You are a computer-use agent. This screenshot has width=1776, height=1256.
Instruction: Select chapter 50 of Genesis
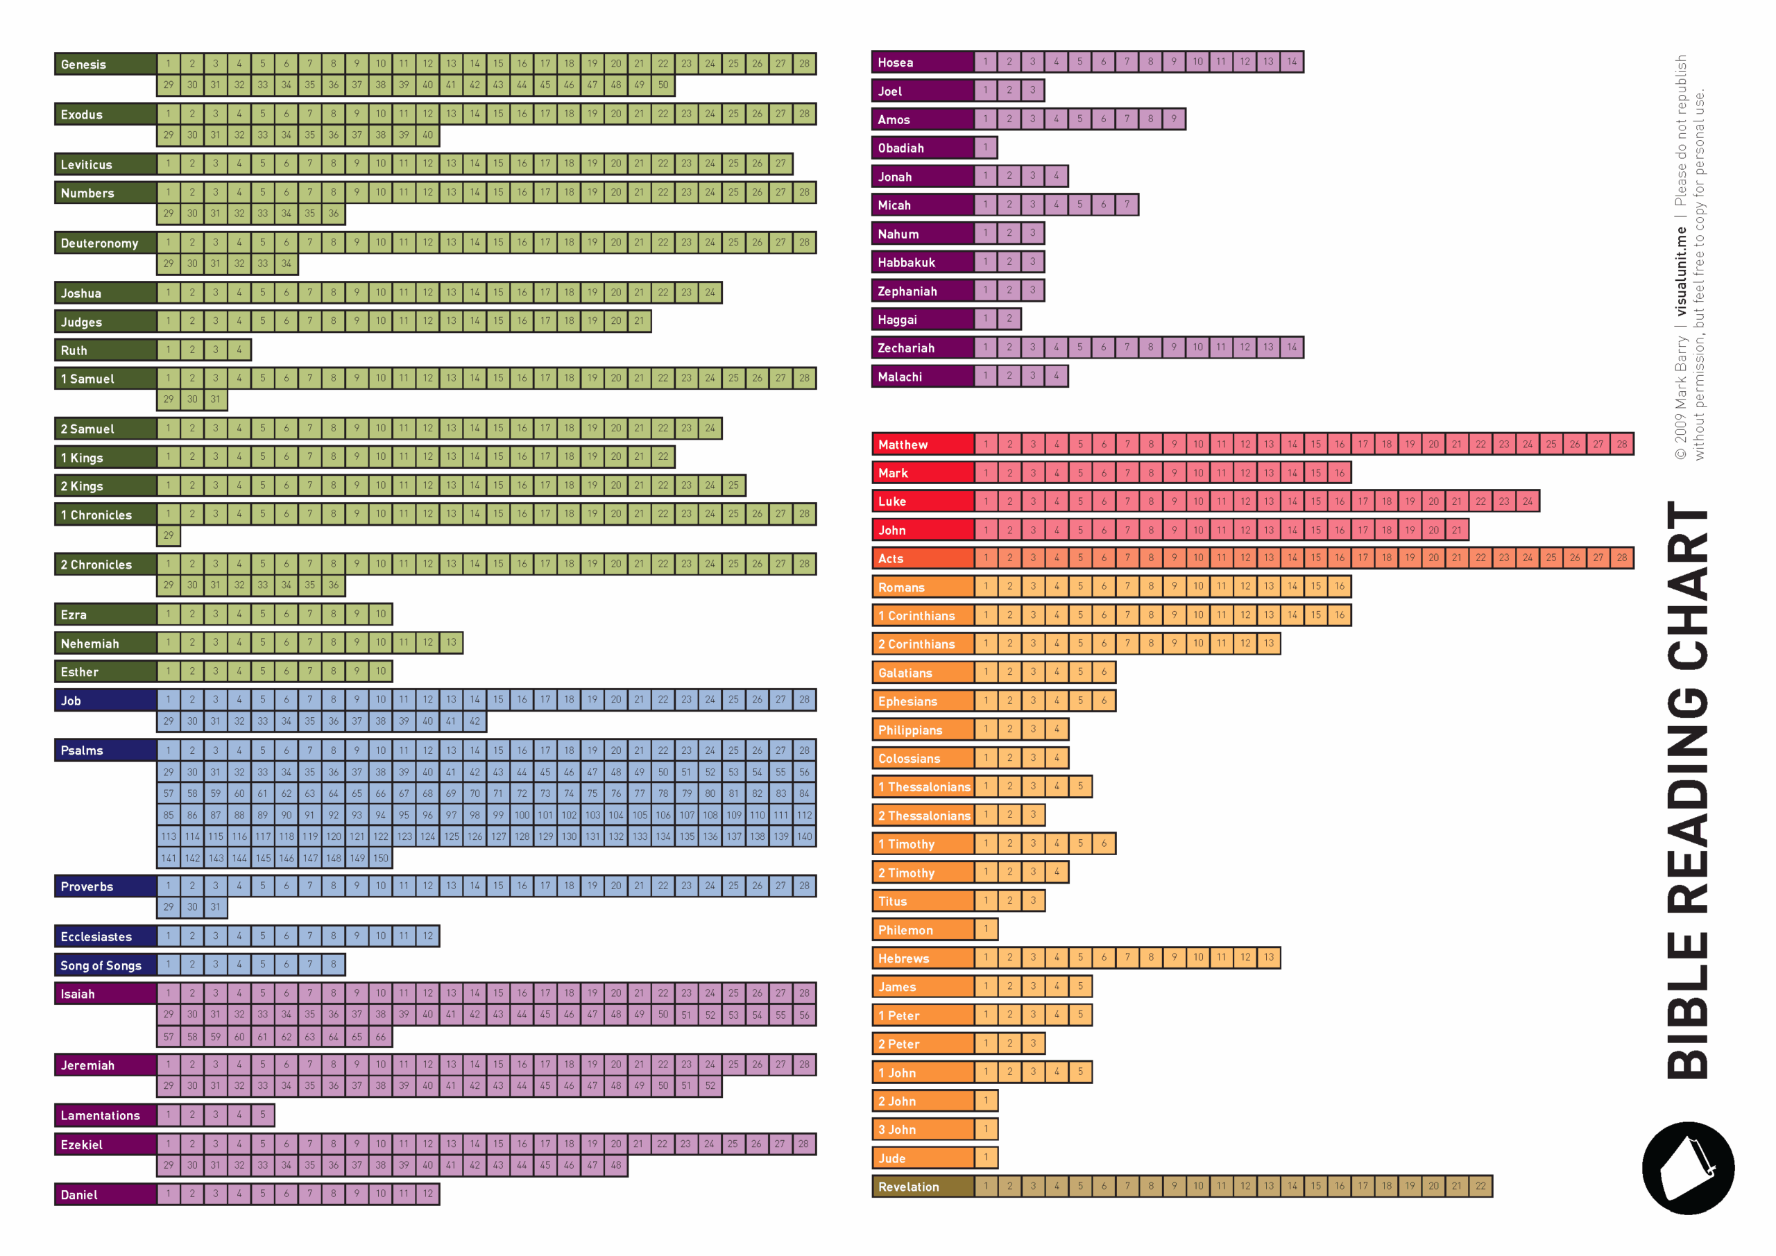click(663, 85)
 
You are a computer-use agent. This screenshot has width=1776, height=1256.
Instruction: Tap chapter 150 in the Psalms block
click(381, 858)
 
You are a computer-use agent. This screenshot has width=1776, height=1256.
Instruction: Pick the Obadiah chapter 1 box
click(985, 147)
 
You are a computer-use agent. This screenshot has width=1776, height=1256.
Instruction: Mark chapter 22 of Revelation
click(1480, 1186)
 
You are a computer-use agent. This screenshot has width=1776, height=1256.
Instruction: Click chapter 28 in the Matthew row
click(1621, 444)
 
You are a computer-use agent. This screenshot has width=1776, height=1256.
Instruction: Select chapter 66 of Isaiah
click(381, 1036)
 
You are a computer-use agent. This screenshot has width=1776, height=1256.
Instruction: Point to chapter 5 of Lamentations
click(262, 1115)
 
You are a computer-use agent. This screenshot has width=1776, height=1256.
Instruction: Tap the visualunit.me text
click(1680, 270)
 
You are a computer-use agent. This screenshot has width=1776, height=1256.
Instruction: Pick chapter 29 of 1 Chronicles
click(169, 535)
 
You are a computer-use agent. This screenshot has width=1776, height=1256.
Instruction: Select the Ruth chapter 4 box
click(239, 350)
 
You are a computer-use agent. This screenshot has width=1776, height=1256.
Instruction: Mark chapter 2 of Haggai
click(1009, 318)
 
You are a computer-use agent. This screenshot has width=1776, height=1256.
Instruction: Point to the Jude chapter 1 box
click(985, 1158)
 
